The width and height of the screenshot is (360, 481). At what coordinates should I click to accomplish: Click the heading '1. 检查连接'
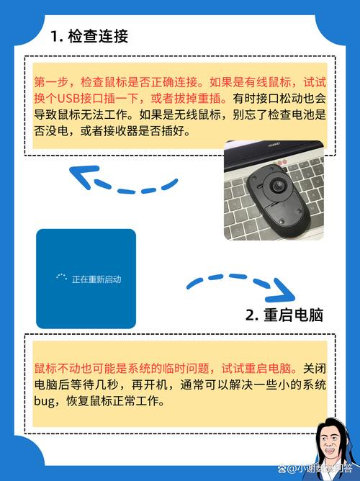tap(89, 37)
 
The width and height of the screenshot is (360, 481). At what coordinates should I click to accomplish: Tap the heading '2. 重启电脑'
tap(284, 315)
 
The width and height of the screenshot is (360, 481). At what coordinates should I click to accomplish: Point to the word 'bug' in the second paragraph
tap(45, 401)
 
